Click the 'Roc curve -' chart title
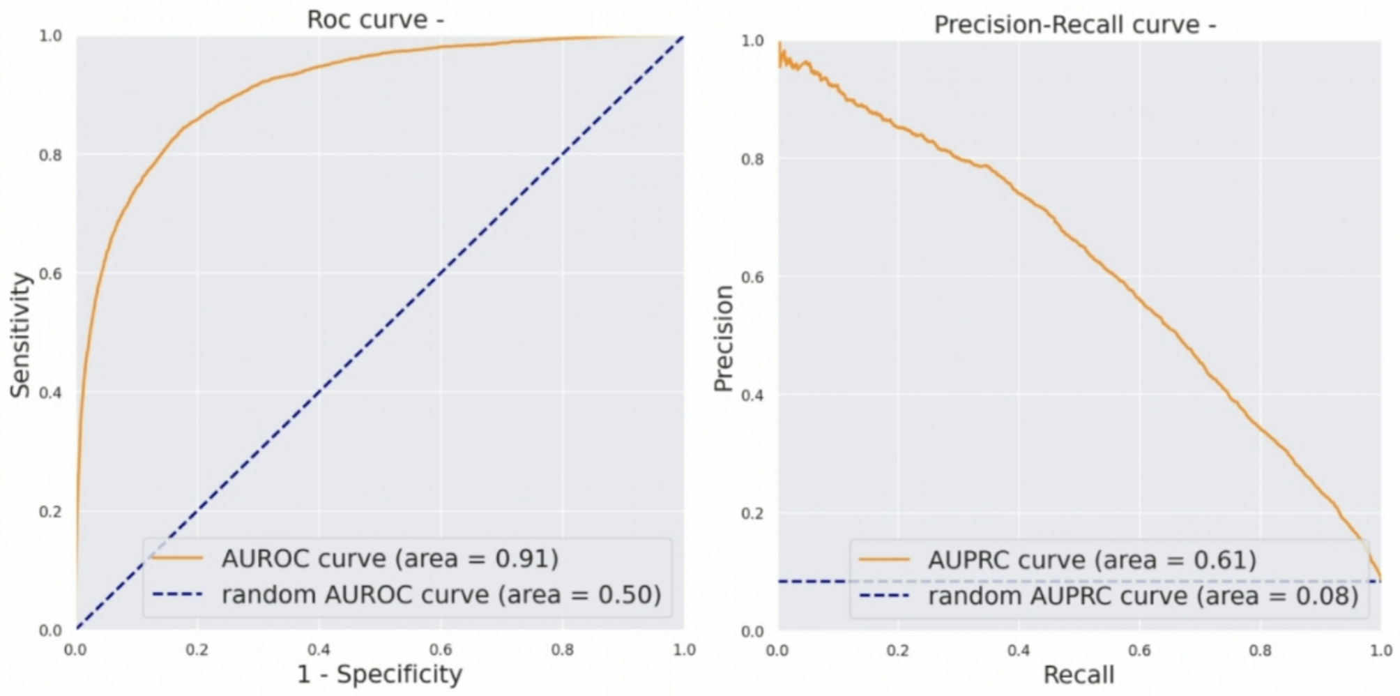[x=375, y=20]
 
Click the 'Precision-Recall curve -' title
[x=1074, y=25]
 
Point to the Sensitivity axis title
[x=21, y=335]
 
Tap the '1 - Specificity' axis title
[x=379, y=674]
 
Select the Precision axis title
[x=724, y=338]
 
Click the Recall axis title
[x=1078, y=675]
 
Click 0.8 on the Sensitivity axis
[x=50, y=155]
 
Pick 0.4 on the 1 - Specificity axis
[x=319, y=650]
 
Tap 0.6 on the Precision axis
[x=752, y=277]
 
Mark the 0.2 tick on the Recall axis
[x=897, y=651]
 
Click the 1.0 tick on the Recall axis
[x=1380, y=651]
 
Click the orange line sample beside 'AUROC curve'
[x=178, y=558]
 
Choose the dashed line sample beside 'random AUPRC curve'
[x=884, y=596]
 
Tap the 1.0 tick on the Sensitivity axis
[x=50, y=36]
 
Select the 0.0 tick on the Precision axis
[x=752, y=632]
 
